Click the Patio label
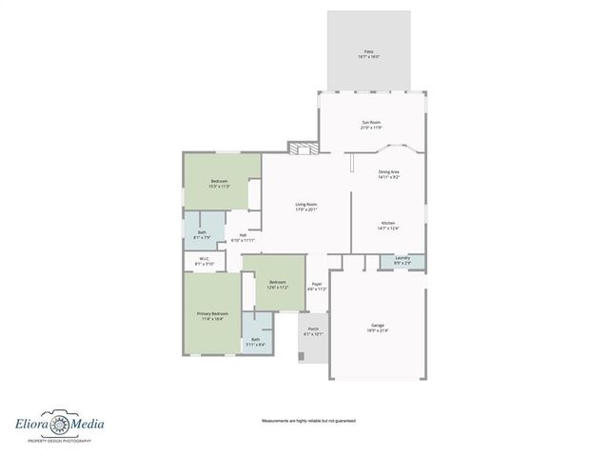point(369,54)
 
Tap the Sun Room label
point(372,125)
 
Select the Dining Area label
point(388,174)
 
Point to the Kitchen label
point(388,226)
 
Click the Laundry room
point(402,261)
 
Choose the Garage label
point(378,328)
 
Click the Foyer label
point(317,286)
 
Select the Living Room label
point(305,207)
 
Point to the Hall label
point(244,238)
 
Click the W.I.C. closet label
point(205,261)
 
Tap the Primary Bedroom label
point(212,316)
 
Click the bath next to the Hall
point(203,234)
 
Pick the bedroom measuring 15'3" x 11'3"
point(220,184)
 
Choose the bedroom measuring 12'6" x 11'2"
point(278,285)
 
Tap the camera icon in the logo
point(59,424)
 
